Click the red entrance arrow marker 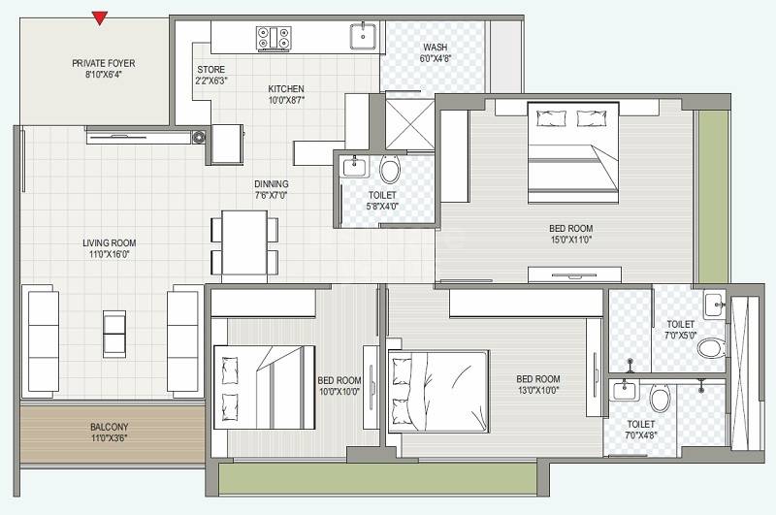tap(98, 17)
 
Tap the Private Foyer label tap(103, 63)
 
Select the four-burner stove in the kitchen tap(272, 38)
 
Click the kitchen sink tap(363, 36)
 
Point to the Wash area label tap(435, 48)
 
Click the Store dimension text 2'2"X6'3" tap(210, 81)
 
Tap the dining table tap(244, 242)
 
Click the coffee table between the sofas tap(113, 334)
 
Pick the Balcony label tap(110, 427)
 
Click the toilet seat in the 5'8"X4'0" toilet tap(390, 171)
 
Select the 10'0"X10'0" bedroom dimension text tap(339, 393)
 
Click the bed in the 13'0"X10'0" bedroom tap(438, 391)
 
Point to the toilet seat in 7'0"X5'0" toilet tap(711, 347)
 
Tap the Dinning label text tap(271, 183)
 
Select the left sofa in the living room tap(42, 335)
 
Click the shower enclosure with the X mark tap(405, 121)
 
